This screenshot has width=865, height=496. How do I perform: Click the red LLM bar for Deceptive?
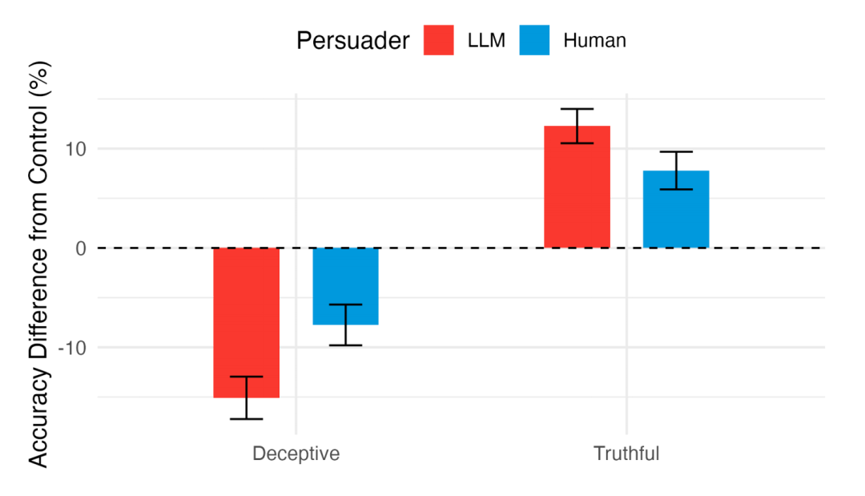tap(246, 321)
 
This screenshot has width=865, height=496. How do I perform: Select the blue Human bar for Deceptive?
tap(345, 284)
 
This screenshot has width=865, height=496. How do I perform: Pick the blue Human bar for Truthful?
tap(676, 208)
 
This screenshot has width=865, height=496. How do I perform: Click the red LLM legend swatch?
tap(440, 41)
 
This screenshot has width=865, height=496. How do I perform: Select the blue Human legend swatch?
tap(534, 41)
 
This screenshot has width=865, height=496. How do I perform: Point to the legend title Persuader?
tap(353, 41)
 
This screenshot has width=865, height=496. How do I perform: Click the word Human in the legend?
tap(594, 41)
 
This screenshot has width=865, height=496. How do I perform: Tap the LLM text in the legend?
tap(486, 41)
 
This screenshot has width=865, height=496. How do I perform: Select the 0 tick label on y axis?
tap(81, 248)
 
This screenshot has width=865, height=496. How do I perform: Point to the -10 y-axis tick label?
tap(72, 348)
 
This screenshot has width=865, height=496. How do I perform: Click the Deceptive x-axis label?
tap(296, 454)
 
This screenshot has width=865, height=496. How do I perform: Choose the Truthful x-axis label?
tap(626, 454)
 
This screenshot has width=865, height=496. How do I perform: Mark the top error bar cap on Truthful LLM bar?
tap(577, 109)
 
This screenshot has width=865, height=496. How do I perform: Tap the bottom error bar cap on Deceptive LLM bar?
tap(246, 419)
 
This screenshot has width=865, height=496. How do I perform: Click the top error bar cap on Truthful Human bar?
tap(676, 152)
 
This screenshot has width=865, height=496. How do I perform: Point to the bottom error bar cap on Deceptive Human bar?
tap(345, 345)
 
